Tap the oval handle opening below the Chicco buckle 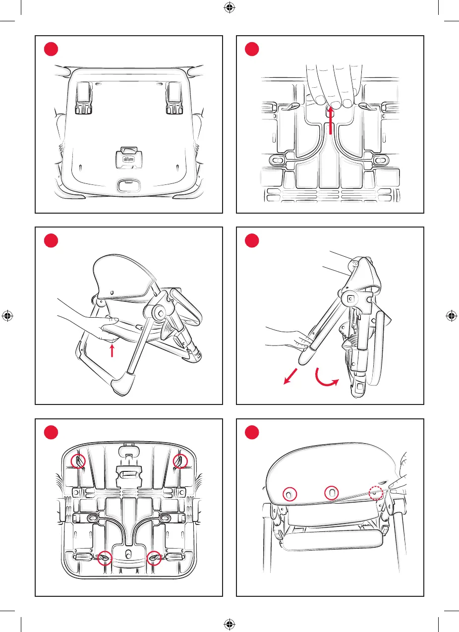128,186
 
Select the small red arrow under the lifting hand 112,351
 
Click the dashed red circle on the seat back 377,493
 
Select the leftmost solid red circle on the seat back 289,494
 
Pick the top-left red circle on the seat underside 78,461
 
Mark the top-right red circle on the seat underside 180,461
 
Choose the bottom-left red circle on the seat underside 104,558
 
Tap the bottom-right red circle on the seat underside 155,558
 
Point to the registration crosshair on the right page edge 452,316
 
